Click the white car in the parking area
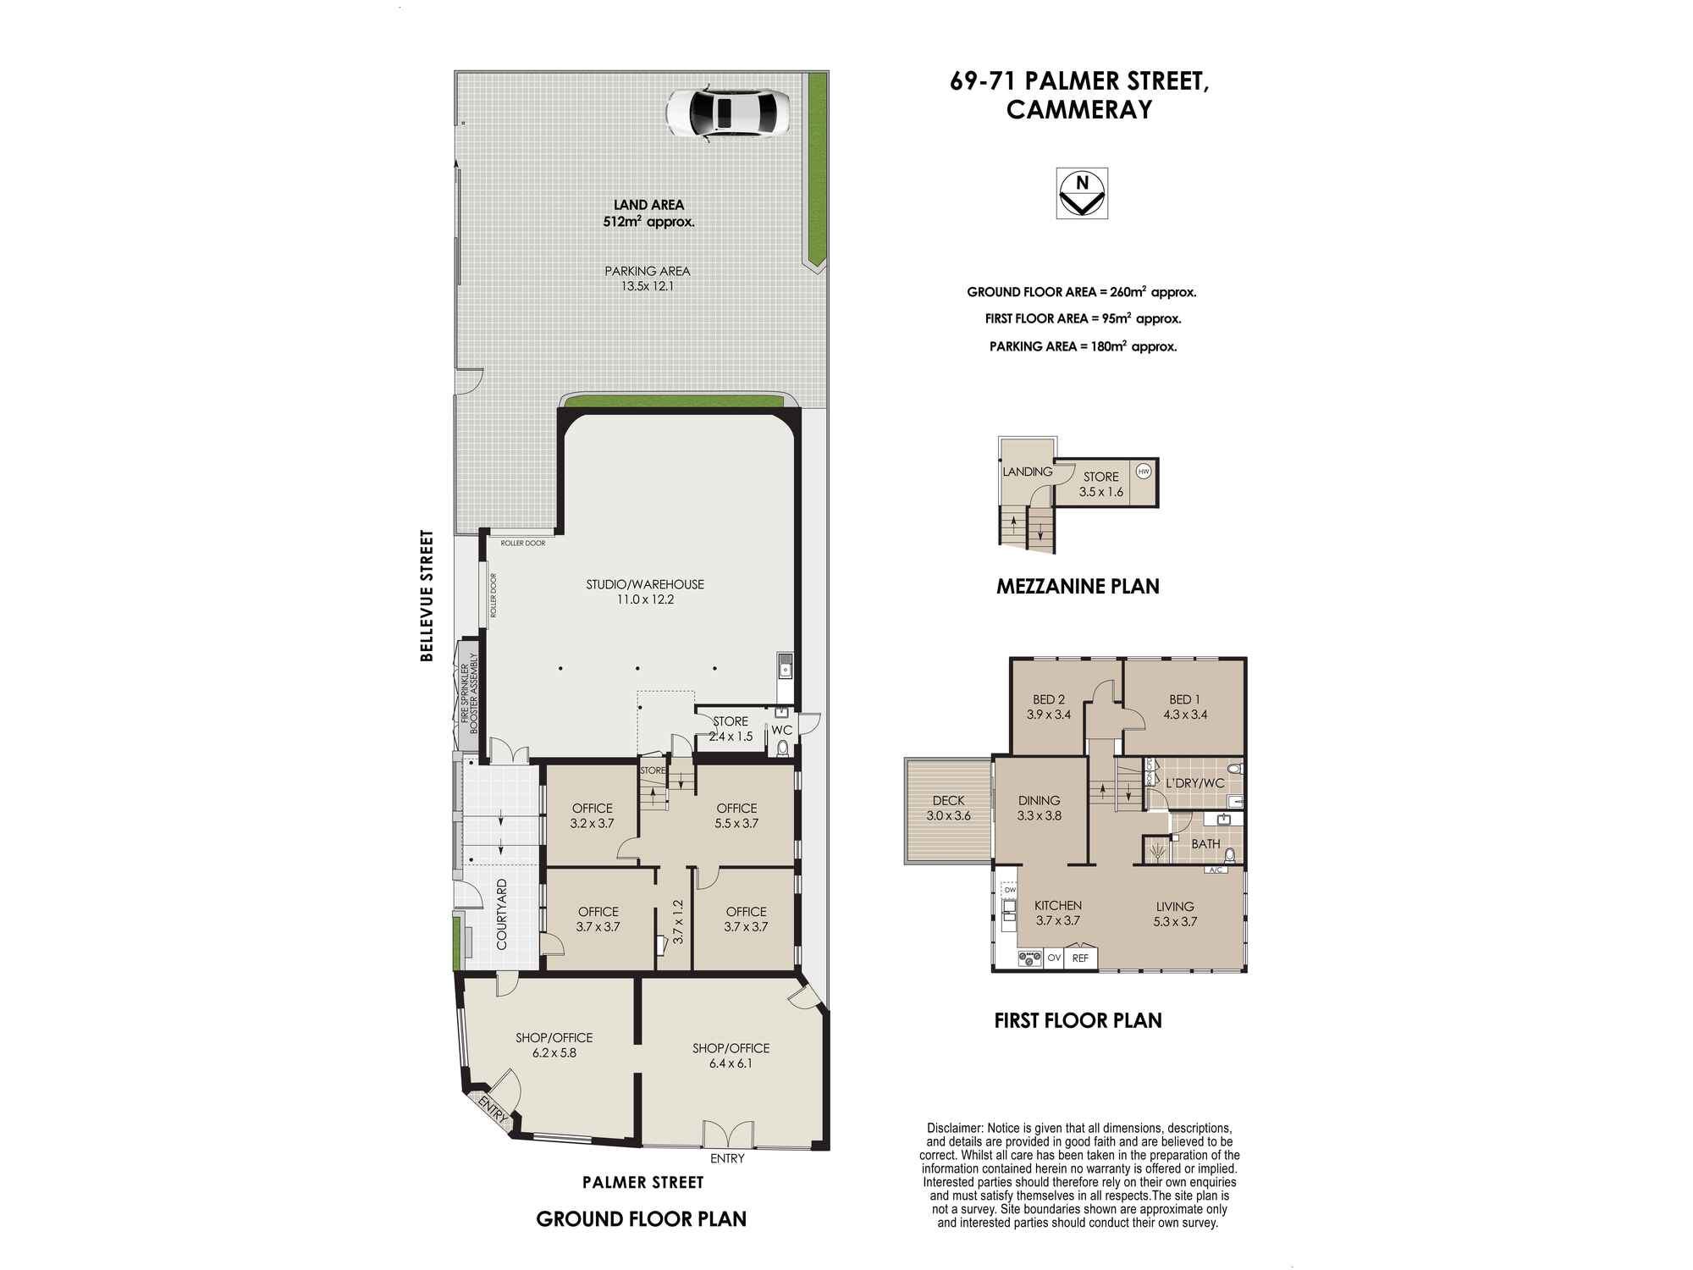(727, 112)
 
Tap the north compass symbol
(1081, 194)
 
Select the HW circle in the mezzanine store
(1144, 472)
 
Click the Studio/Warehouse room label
(645, 592)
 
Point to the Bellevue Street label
(427, 595)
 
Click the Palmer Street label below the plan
(642, 1182)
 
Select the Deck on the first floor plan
(948, 809)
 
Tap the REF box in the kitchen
(1080, 958)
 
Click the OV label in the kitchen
(1054, 958)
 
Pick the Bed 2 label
(1048, 706)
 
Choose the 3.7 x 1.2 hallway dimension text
(677, 922)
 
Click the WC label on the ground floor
(781, 730)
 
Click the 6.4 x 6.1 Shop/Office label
(731, 1056)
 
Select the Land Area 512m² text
(648, 213)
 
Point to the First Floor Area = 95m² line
(1083, 319)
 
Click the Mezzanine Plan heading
(1077, 586)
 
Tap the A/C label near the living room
(1216, 870)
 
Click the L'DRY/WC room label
(1194, 783)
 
